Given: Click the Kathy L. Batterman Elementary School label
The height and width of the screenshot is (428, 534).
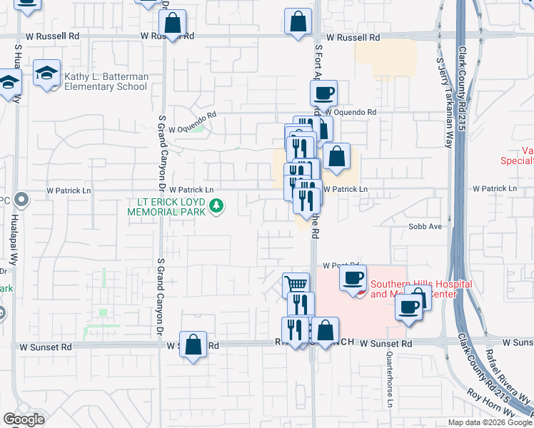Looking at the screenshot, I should [x=106, y=81].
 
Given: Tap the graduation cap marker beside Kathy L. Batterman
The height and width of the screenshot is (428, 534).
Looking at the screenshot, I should [x=47, y=73].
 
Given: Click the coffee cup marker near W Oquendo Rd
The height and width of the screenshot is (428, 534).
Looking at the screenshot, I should [x=323, y=93].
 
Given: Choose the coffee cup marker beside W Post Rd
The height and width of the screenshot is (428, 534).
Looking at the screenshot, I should [x=353, y=278].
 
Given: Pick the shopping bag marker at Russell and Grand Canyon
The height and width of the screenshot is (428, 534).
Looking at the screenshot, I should [x=173, y=24].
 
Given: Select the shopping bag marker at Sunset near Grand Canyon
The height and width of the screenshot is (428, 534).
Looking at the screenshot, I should [x=193, y=345].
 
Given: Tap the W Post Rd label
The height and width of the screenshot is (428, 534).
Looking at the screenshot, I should [x=338, y=265].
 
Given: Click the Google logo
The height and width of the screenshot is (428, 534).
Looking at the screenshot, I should [x=24, y=419].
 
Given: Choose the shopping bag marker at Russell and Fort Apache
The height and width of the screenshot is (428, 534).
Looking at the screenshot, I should [x=298, y=22].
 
